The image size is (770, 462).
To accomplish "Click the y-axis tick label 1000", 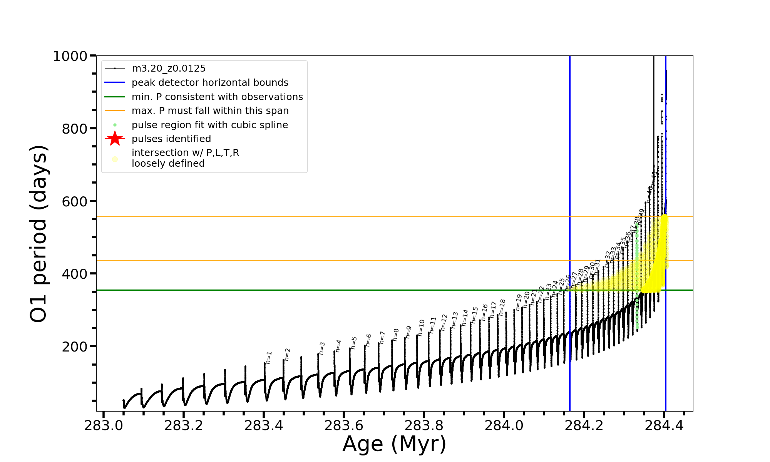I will pos(70,57).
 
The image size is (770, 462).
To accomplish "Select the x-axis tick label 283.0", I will pos(103,425).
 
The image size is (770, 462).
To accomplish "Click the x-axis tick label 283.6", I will pos(343,425).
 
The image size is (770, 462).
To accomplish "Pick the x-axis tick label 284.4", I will pos(664,425).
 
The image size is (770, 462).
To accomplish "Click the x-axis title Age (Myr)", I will pos(394,444).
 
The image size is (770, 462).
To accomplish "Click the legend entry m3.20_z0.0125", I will pos(169,69).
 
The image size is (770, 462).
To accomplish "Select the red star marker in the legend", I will pos(115,139).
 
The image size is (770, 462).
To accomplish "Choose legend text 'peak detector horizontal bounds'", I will pos(210,83).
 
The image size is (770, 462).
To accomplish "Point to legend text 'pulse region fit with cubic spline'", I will pos(210,125).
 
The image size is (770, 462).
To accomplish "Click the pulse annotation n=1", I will pos(269,357).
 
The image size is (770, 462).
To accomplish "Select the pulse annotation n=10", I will pos(421,327).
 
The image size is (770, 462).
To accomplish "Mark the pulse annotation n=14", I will pos(465,318).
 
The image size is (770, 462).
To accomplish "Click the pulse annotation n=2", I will pos(287,355).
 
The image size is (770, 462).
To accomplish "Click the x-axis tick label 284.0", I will pos(504,425).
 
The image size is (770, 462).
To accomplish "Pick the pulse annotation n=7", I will pos(382,337).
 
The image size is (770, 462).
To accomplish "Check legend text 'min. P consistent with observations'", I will pos(217,97).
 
